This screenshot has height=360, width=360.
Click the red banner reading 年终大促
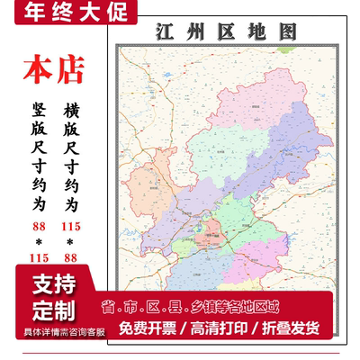coord(68,13)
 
